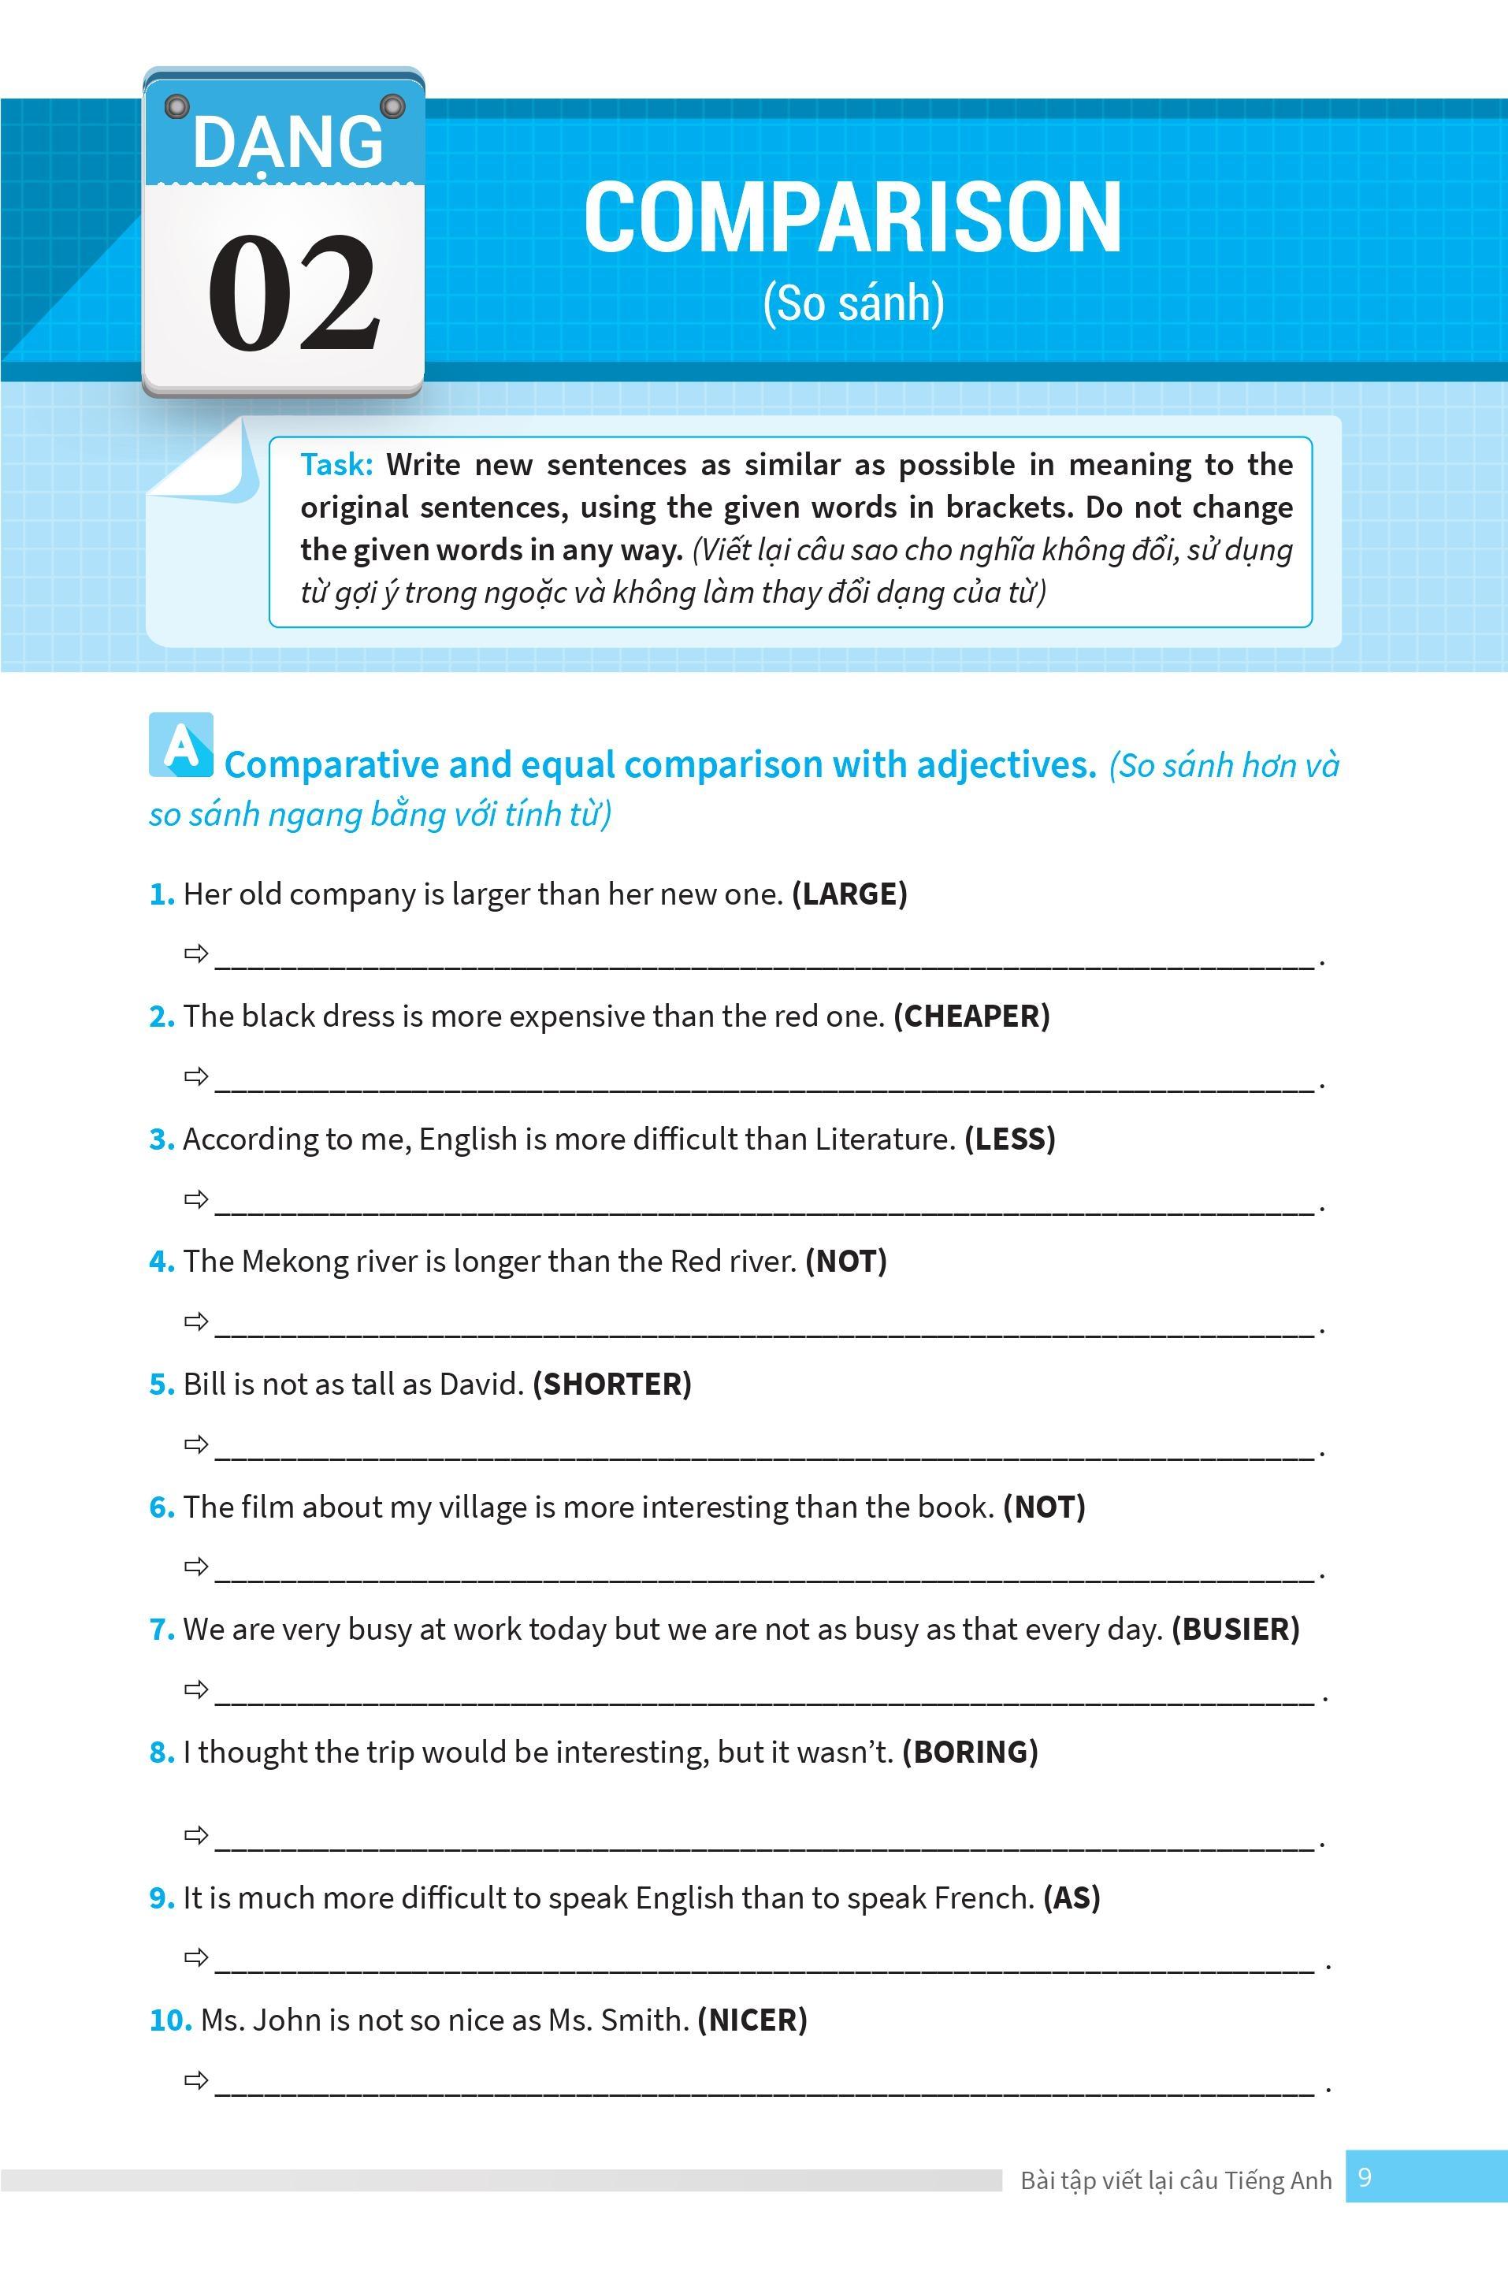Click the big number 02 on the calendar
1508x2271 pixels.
point(292,292)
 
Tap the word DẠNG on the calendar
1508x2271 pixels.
point(288,143)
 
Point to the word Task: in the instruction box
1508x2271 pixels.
point(336,465)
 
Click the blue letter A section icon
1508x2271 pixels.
point(180,745)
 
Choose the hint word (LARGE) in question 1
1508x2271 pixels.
point(849,894)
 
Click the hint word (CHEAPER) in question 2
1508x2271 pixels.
point(971,1016)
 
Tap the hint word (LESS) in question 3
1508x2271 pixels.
point(1010,1139)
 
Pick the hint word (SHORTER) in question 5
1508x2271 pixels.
point(611,1385)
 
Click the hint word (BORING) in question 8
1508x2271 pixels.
point(969,1752)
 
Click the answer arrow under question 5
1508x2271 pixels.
point(196,1444)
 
